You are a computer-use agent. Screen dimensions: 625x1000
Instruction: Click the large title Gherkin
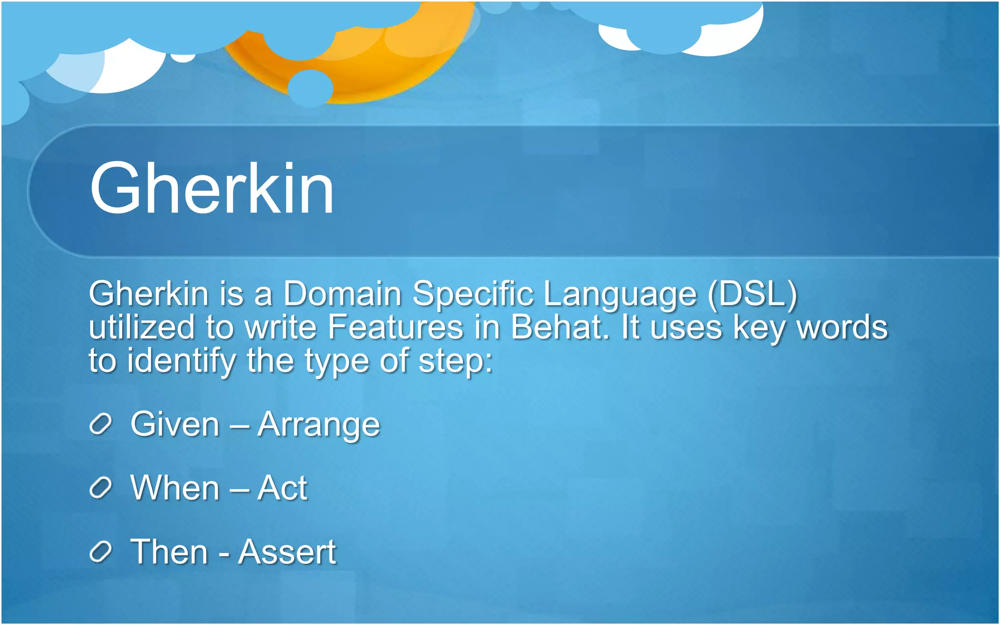211,188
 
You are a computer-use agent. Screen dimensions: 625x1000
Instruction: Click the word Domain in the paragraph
342,294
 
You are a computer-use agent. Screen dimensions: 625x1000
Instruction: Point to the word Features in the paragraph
395,327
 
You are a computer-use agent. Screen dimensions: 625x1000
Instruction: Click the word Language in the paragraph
620,295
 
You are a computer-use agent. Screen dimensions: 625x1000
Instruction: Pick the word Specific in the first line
473,295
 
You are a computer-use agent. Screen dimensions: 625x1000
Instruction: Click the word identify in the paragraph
181,361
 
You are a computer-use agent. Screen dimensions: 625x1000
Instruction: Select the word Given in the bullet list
175,424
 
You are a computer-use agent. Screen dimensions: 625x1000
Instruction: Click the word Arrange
318,425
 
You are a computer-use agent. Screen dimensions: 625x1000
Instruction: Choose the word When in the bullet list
175,488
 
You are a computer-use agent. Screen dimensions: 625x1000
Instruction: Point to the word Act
282,488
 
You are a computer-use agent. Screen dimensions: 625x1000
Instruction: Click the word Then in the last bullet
169,552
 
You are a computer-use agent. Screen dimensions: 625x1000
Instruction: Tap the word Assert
287,552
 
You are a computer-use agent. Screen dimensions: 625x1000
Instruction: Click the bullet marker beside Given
101,424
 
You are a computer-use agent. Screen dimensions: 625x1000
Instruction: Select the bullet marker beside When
101,488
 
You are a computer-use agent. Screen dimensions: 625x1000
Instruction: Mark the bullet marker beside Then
101,552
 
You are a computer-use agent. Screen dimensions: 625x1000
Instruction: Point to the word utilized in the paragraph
142,327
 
